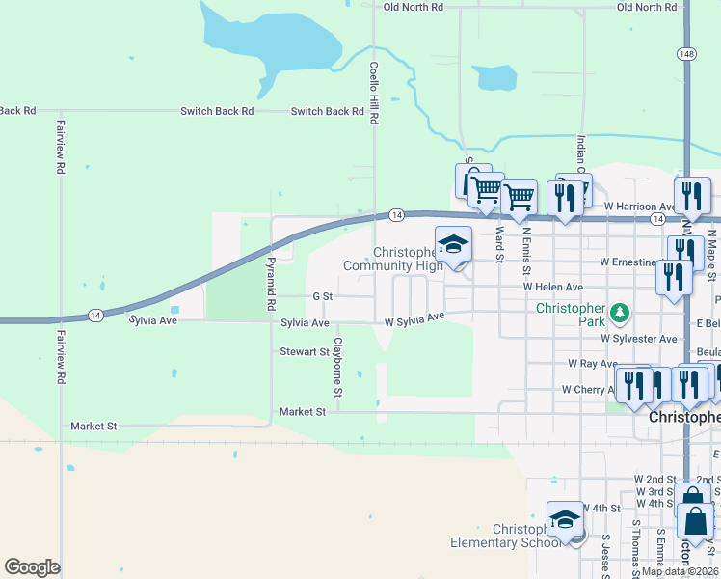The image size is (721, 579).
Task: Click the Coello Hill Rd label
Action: (x=374, y=94)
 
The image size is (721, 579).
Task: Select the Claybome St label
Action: (x=338, y=367)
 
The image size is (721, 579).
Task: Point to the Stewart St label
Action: (x=305, y=352)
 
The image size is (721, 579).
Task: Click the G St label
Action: (x=322, y=296)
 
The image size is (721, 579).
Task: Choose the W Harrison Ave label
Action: (x=641, y=207)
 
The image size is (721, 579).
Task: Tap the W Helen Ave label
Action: (x=553, y=287)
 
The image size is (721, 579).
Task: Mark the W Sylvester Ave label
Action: (x=639, y=339)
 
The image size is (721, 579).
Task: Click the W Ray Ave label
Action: (x=593, y=364)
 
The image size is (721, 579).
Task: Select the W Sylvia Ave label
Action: (x=414, y=317)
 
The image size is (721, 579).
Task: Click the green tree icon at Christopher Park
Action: (x=620, y=313)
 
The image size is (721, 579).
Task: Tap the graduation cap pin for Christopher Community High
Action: (x=453, y=244)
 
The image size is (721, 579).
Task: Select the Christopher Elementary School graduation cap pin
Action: (x=565, y=519)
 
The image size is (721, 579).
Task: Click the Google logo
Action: (x=32, y=567)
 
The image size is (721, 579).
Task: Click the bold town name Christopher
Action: (x=683, y=417)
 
